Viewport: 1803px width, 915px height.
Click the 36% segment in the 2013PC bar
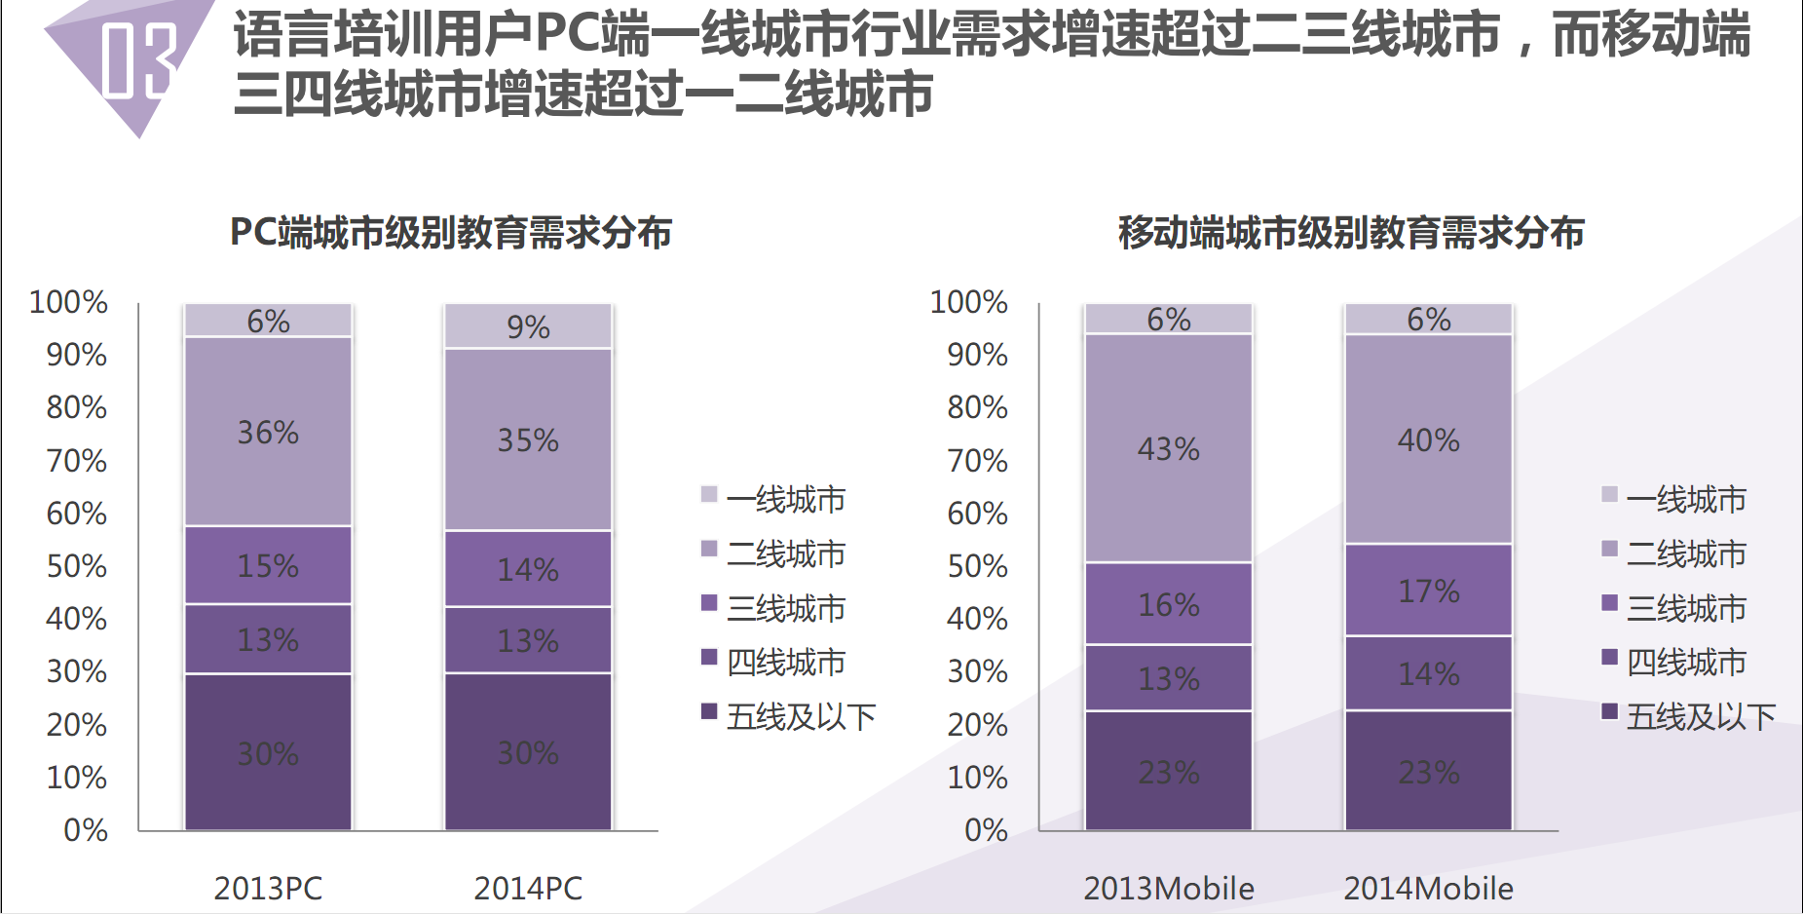point(268,432)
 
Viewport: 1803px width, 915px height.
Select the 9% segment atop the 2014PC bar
point(528,326)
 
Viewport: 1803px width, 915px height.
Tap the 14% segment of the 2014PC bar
point(528,569)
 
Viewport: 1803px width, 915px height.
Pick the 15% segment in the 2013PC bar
point(268,565)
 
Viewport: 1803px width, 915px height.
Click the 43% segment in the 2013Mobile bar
point(1168,448)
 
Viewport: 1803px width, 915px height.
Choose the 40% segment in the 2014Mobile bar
point(1428,439)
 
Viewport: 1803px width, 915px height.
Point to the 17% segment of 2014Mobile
point(1428,591)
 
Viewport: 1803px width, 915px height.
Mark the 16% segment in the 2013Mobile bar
point(1168,604)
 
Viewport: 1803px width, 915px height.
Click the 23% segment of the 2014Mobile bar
point(1428,772)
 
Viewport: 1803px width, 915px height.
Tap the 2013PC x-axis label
point(268,888)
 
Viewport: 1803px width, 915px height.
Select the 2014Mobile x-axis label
point(1428,888)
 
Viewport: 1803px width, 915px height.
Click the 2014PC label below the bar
point(528,888)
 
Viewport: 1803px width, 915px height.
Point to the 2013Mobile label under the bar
point(1168,888)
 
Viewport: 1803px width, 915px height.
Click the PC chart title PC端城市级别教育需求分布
point(450,233)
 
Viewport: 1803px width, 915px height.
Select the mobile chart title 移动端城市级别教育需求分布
point(1351,233)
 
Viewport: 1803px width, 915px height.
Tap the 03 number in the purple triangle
point(138,60)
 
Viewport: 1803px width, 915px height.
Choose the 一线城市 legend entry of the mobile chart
point(1685,499)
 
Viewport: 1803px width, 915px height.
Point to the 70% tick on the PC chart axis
point(77,460)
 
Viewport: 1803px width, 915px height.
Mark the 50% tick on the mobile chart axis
point(977,566)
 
